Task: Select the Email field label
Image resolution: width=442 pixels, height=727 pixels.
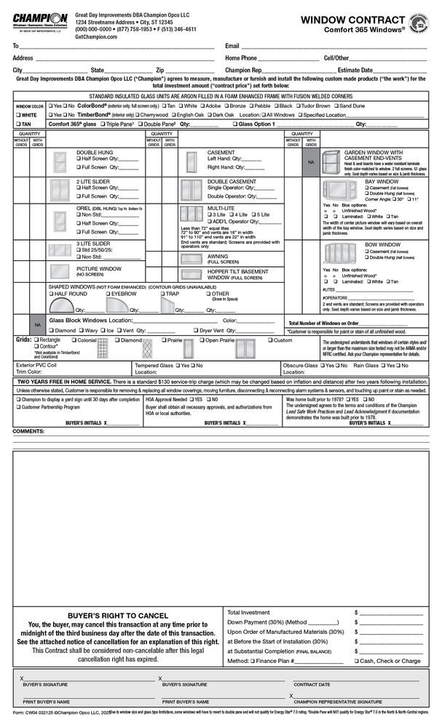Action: [x=232, y=46]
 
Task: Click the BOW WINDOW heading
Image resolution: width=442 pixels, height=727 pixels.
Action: [x=382, y=245]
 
